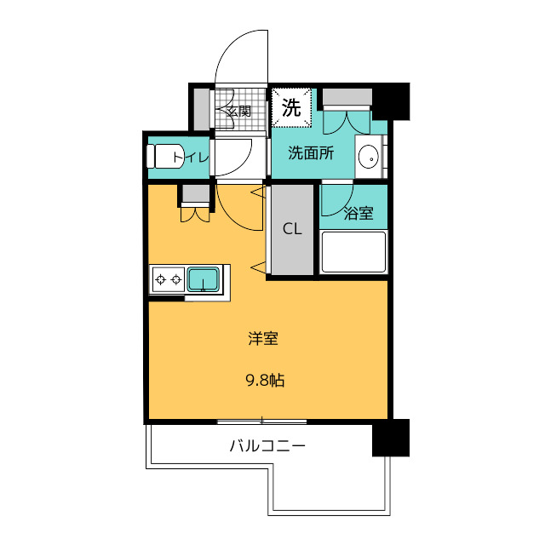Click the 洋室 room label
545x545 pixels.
tap(263, 339)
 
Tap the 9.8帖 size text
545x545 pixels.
tap(266, 381)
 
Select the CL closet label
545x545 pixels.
tap(292, 229)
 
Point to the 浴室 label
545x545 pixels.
tap(359, 213)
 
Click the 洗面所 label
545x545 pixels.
tap(311, 153)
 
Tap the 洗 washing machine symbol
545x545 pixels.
tap(291, 108)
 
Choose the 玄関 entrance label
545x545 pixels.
tap(238, 112)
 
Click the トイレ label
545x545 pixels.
tap(191, 158)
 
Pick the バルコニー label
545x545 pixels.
tap(267, 445)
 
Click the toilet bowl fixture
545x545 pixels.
tap(164, 157)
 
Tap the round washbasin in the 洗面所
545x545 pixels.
tap(368, 157)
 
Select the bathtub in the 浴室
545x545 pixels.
tap(353, 252)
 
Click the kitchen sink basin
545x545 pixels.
tap(204, 279)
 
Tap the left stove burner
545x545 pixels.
tap(161, 279)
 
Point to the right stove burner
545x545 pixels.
tap(176, 279)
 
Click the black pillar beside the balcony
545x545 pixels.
tap(391, 438)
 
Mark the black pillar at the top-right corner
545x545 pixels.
tap(391, 101)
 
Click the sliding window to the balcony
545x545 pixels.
tap(262, 422)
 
